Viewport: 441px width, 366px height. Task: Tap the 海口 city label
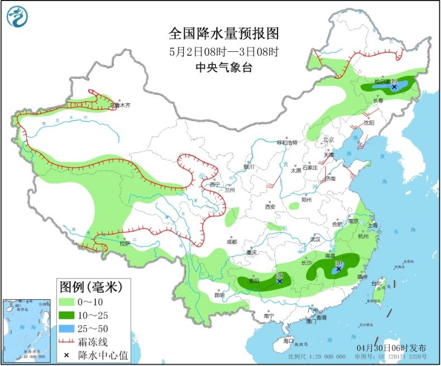[x=289, y=340]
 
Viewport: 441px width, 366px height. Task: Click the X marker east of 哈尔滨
[x=394, y=87]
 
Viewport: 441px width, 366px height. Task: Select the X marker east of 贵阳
[x=279, y=282]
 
